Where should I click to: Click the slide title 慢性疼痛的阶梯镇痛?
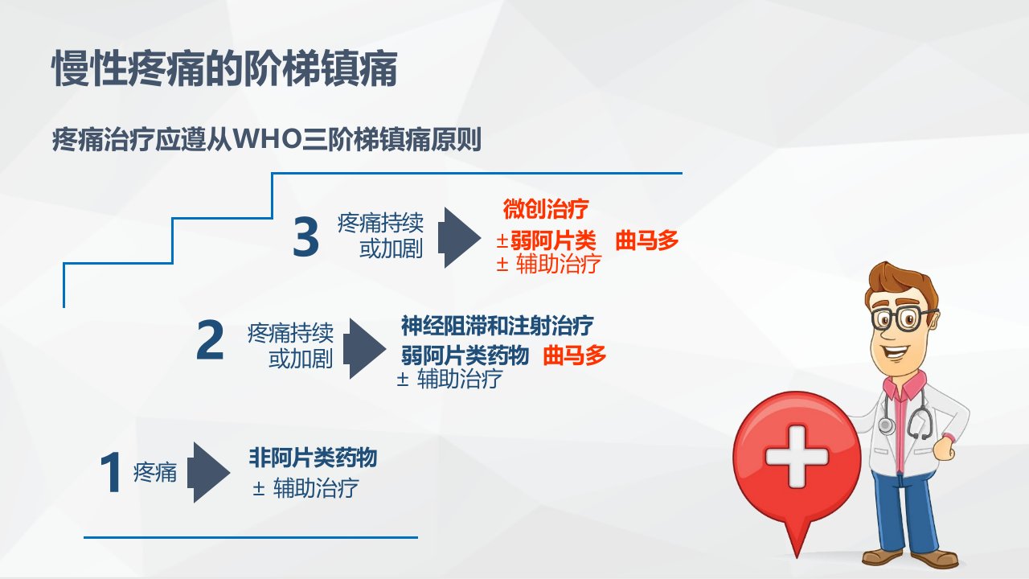tap(224, 69)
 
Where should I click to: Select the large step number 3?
tap(306, 237)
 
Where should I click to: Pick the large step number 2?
tap(210, 340)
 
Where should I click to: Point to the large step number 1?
tap(111, 472)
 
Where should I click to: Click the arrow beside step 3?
tap(459, 237)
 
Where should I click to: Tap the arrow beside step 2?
tap(364, 348)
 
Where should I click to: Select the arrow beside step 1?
tap(208, 472)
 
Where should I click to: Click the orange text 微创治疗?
tap(546, 209)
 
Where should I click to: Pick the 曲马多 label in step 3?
tap(647, 240)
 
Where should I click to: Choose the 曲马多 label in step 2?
tap(575, 355)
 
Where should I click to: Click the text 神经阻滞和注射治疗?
tap(498, 326)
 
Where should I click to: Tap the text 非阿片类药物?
tap(314, 458)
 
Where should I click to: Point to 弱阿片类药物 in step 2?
tap(465, 355)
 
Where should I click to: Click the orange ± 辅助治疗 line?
tap(549, 265)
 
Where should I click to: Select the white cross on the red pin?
tap(797, 456)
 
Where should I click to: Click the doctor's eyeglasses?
tap(903, 318)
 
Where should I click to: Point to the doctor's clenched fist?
tap(944, 447)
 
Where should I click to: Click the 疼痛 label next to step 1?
tap(155, 472)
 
